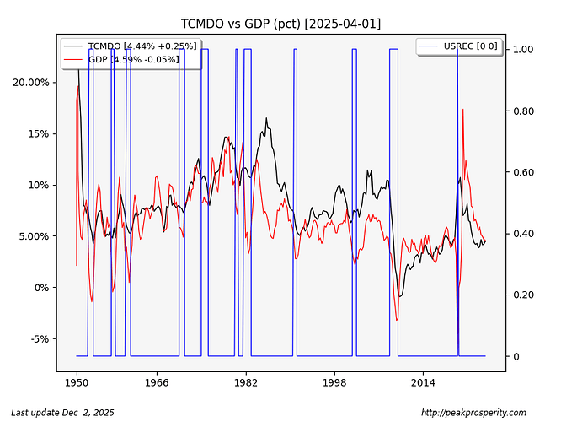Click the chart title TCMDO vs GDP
coord(280,24)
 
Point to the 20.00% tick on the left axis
coord(31,82)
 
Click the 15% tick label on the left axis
coord(39,133)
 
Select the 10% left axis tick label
coord(39,185)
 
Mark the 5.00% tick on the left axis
coord(34,236)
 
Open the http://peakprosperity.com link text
coord(473,413)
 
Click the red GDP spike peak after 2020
coord(462,110)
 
